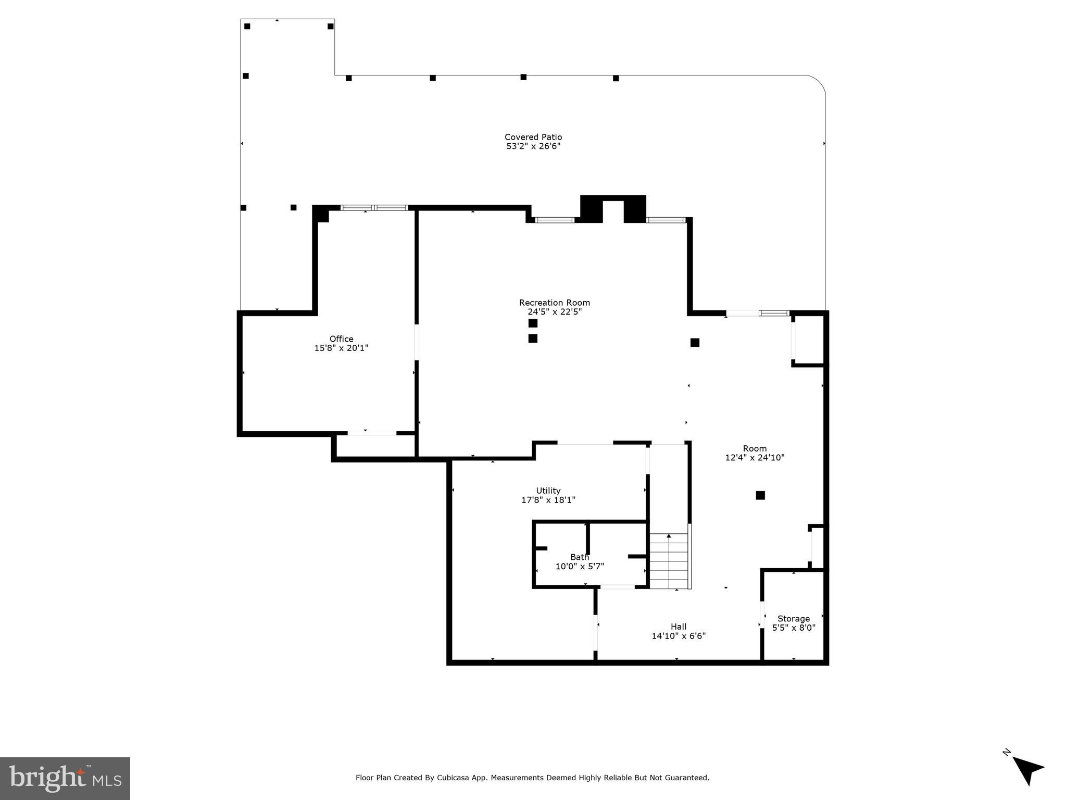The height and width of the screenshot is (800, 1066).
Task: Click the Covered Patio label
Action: pyautogui.click(x=533, y=137)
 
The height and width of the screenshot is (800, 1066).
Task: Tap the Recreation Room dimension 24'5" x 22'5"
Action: pyautogui.click(x=554, y=312)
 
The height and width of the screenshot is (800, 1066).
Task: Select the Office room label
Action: pyautogui.click(x=341, y=339)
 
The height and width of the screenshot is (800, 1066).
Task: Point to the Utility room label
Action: pyautogui.click(x=548, y=491)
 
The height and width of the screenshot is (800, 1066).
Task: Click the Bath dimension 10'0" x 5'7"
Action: pyautogui.click(x=579, y=567)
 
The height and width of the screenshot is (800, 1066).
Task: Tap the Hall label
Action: pyautogui.click(x=678, y=627)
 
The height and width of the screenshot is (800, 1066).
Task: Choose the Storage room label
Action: pyautogui.click(x=793, y=619)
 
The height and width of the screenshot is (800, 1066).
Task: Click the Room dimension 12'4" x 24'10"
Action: pyautogui.click(x=755, y=458)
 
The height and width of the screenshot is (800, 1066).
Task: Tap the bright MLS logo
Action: pyautogui.click(x=65, y=778)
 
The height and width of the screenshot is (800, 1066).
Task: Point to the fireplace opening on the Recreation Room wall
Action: pyautogui.click(x=613, y=211)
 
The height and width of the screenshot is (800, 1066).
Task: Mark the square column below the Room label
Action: pyautogui.click(x=760, y=495)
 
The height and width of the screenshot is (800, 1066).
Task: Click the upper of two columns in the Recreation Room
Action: pyautogui.click(x=533, y=323)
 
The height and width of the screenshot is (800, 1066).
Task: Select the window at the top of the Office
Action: pyautogui.click(x=374, y=208)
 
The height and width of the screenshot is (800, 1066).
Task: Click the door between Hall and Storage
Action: pyautogui.click(x=761, y=615)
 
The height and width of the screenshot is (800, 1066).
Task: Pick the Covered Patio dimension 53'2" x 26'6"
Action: pyautogui.click(x=533, y=146)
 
